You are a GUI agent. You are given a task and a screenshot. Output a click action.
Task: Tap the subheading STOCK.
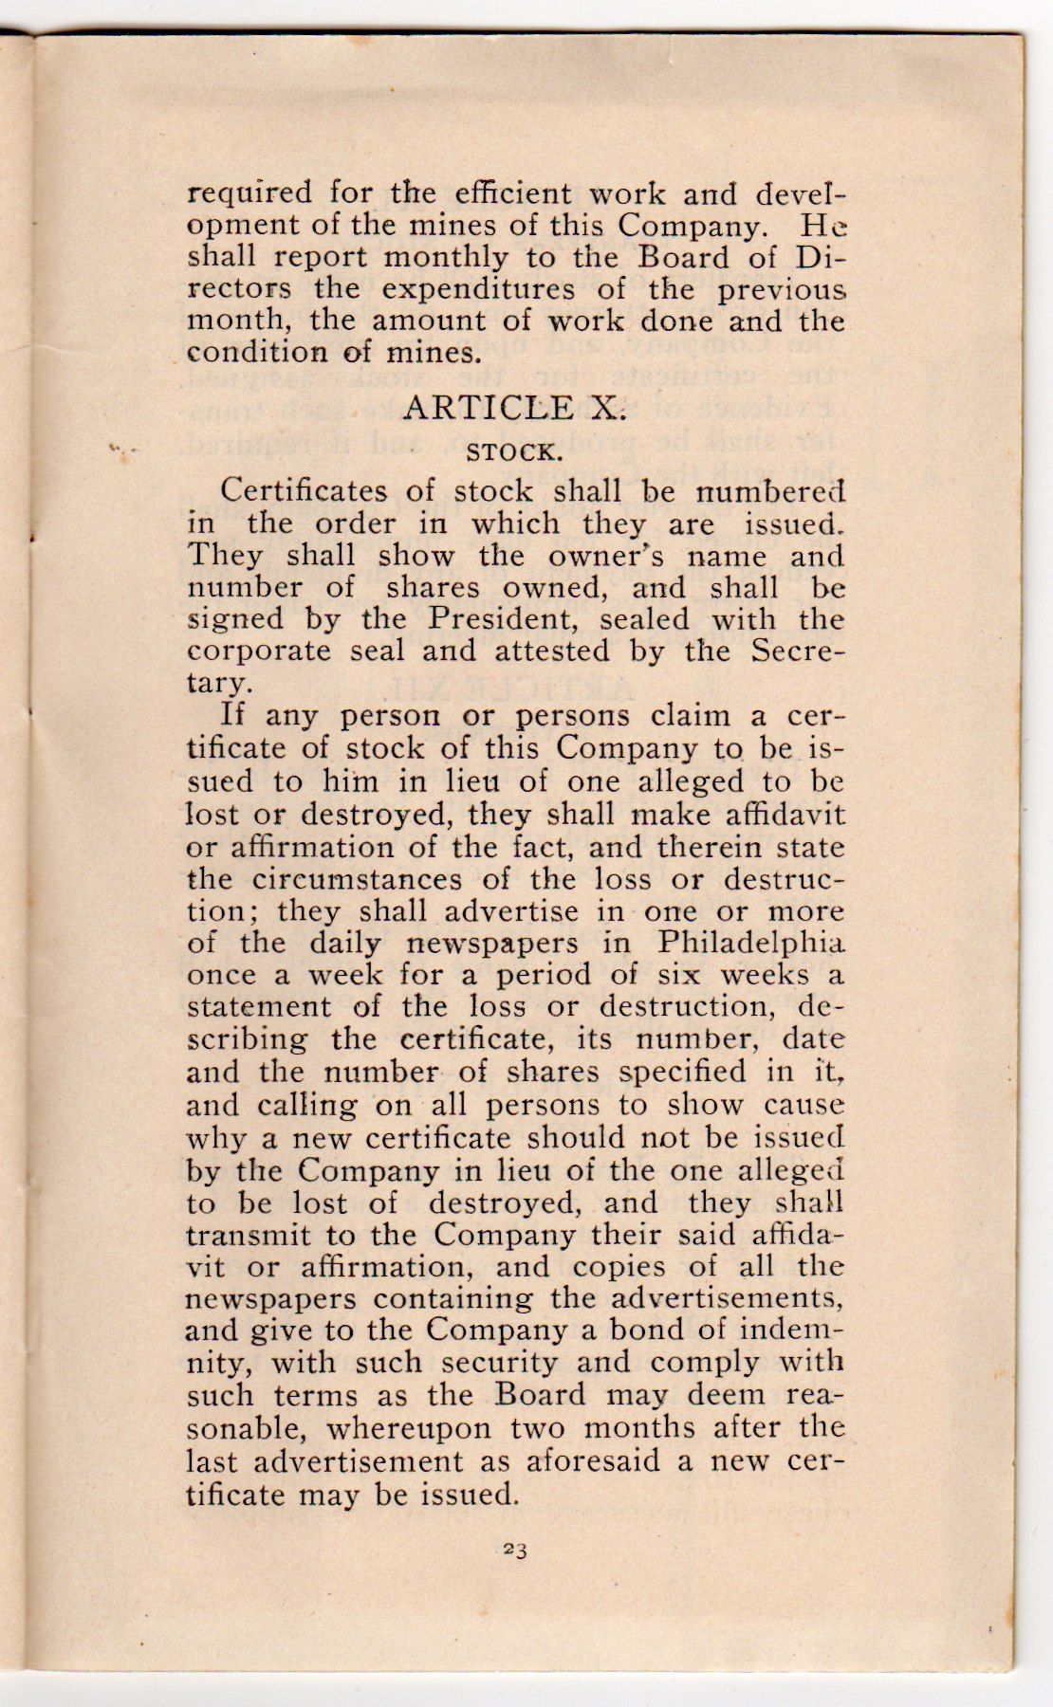point(512,451)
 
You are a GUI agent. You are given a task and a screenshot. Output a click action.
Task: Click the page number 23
point(515,1551)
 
